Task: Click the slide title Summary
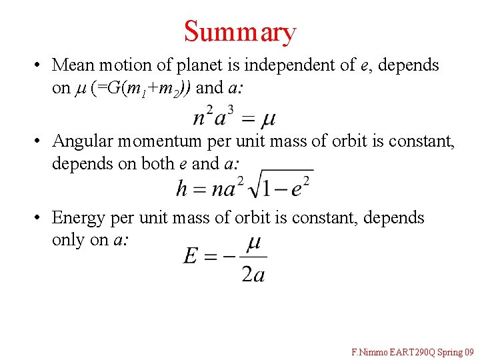[x=240, y=31]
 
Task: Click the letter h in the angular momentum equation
[x=182, y=188]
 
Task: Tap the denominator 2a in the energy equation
[x=253, y=273]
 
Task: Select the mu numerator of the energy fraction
[x=253, y=243]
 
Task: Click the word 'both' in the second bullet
[x=157, y=163]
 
